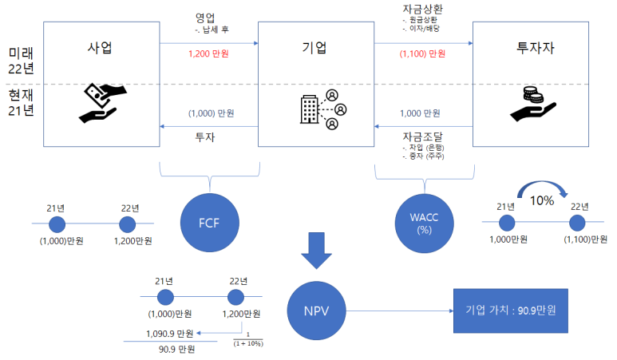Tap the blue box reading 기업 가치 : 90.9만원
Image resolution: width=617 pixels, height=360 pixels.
[x=510, y=310]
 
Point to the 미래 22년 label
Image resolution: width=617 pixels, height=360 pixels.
[x=21, y=61]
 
